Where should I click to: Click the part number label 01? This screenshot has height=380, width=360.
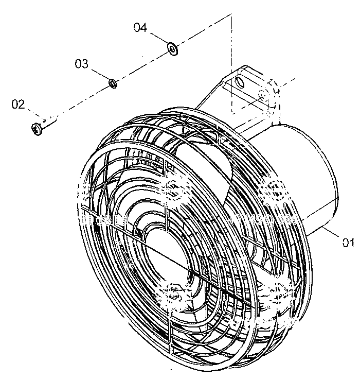pos(348,243)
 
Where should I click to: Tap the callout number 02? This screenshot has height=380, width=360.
pos(18,105)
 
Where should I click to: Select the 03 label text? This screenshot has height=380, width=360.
pos(81,64)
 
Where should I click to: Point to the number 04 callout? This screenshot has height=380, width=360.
pos(140,27)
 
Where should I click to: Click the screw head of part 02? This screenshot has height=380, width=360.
pos(37,129)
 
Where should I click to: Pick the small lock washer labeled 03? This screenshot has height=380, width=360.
pos(113,83)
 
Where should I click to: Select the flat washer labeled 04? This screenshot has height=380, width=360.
pos(173,49)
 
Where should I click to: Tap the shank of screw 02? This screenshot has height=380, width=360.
pos(49,122)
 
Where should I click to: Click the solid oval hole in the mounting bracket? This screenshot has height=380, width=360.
pos(239,82)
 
